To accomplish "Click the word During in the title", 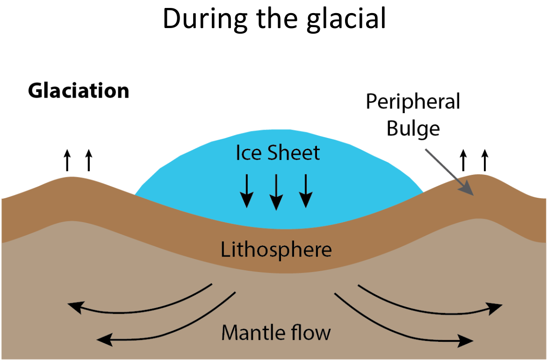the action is [x=206, y=20].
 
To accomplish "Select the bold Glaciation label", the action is [x=79, y=91].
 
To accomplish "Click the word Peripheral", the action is [x=413, y=102].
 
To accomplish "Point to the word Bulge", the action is [x=413, y=129].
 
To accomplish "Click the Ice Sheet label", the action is [x=278, y=153].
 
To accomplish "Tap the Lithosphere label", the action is [x=276, y=250].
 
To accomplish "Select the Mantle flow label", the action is [x=276, y=332].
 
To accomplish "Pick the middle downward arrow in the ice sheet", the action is [x=276, y=192].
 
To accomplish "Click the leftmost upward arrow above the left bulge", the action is [x=67, y=160].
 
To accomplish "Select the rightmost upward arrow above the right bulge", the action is [x=484, y=160].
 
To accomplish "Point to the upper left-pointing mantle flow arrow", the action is [x=139, y=309].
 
